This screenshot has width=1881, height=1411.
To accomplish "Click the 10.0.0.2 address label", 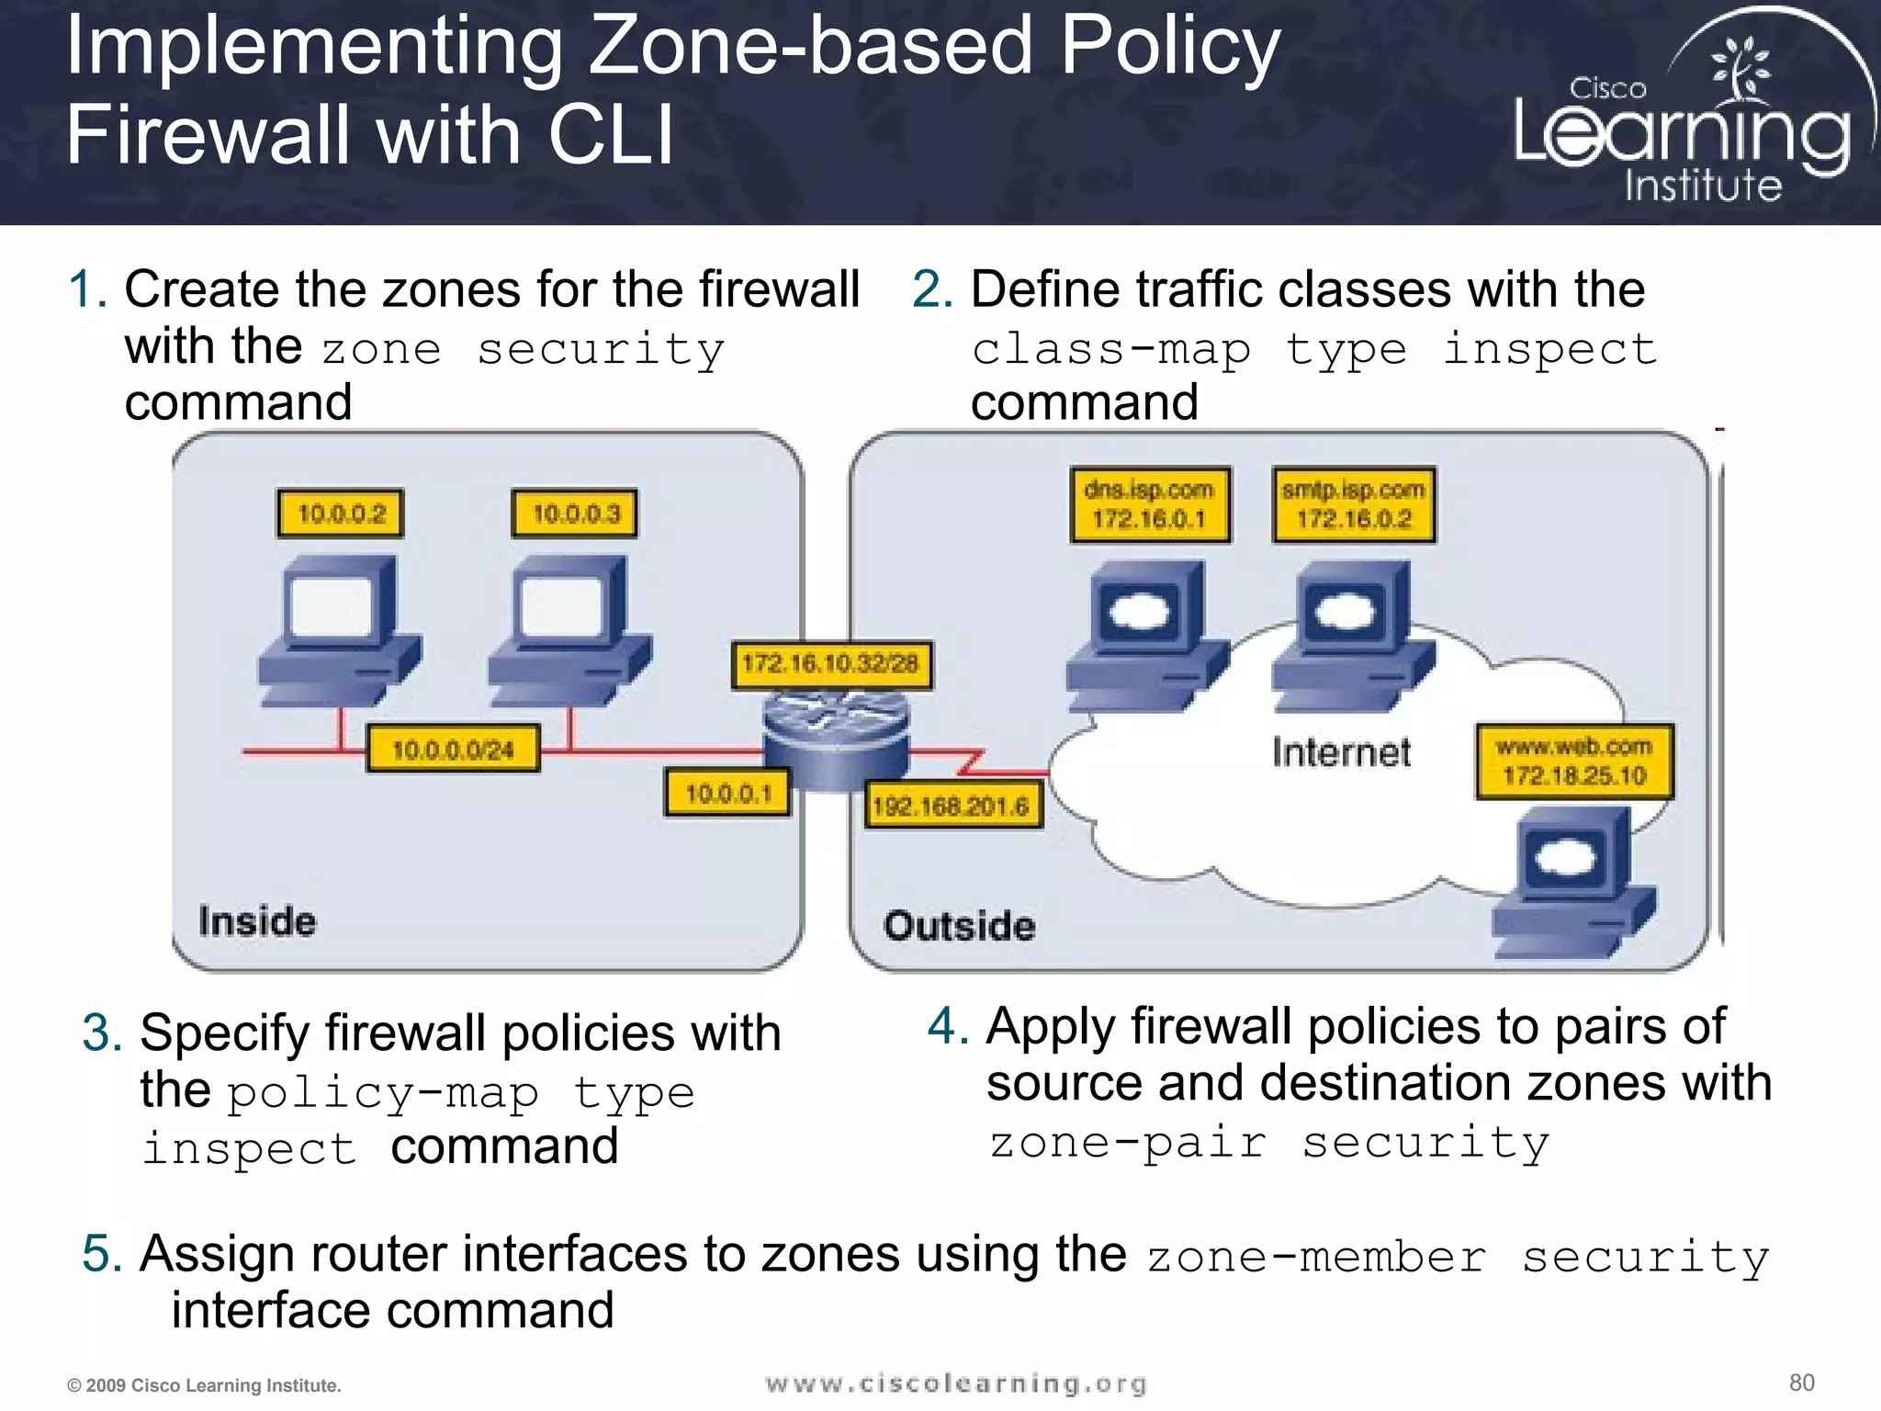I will pyautogui.click(x=341, y=513).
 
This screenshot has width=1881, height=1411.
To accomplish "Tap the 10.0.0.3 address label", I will pyautogui.click(x=575, y=513).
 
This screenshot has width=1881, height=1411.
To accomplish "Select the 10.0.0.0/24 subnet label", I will pyautogui.click(x=453, y=750).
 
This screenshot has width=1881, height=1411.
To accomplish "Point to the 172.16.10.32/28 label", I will pyautogui.click(x=830, y=664).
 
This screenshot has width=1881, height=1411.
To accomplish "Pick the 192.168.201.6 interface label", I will pyautogui.click(x=952, y=806).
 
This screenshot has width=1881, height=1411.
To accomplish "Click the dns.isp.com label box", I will pyautogui.click(x=1149, y=504).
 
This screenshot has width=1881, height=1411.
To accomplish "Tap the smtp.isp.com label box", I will pyautogui.click(x=1354, y=504).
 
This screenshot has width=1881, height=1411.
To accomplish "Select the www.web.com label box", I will pyautogui.click(x=1574, y=762).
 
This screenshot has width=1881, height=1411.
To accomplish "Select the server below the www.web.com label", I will pyautogui.click(x=1571, y=882).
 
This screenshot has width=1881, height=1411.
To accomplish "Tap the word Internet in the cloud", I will pyautogui.click(x=1341, y=752).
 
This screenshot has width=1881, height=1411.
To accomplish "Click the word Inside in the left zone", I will pyautogui.click(x=257, y=921).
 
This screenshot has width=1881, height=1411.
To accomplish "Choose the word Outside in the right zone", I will pyautogui.click(x=959, y=926).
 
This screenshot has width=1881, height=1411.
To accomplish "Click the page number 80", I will pyautogui.click(x=1801, y=1383).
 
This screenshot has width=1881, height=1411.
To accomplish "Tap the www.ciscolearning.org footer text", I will pyautogui.click(x=956, y=1383).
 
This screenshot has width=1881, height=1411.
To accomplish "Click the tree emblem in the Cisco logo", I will pyautogui.click(x=1739, y=69).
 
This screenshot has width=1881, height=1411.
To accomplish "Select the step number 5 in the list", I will pyautogui.click(x=101, y=1253).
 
